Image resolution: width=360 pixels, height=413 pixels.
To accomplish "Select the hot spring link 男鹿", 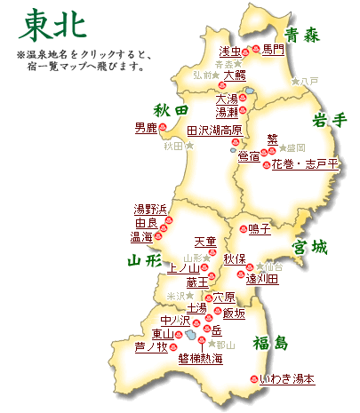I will click(146, 129).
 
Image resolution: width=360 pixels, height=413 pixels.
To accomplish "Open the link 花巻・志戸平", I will click(304, 164).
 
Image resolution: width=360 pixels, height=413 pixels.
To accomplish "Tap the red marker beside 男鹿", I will click(162, 129).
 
